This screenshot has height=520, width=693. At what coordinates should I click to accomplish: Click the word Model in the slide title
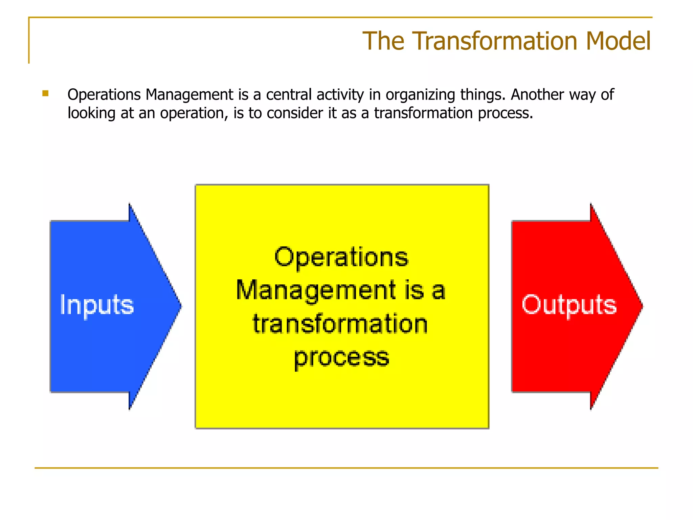[x=618, y=41]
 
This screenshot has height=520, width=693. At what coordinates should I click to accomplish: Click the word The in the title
[x=383, y=41]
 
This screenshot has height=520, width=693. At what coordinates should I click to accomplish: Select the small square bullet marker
[x=45, y=93]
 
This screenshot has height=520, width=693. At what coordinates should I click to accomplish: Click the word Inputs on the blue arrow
[x=97, y=305]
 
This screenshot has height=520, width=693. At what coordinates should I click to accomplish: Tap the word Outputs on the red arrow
[x=569, y=305]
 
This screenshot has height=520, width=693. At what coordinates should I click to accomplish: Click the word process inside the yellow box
[x=341, y=357]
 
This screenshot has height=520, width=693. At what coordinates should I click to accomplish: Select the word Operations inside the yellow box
[x=341, y=257]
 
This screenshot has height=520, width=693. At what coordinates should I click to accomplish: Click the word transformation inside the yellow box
[x=340, y=324]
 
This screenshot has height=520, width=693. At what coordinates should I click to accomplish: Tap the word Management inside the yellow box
[x=316, y=290]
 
